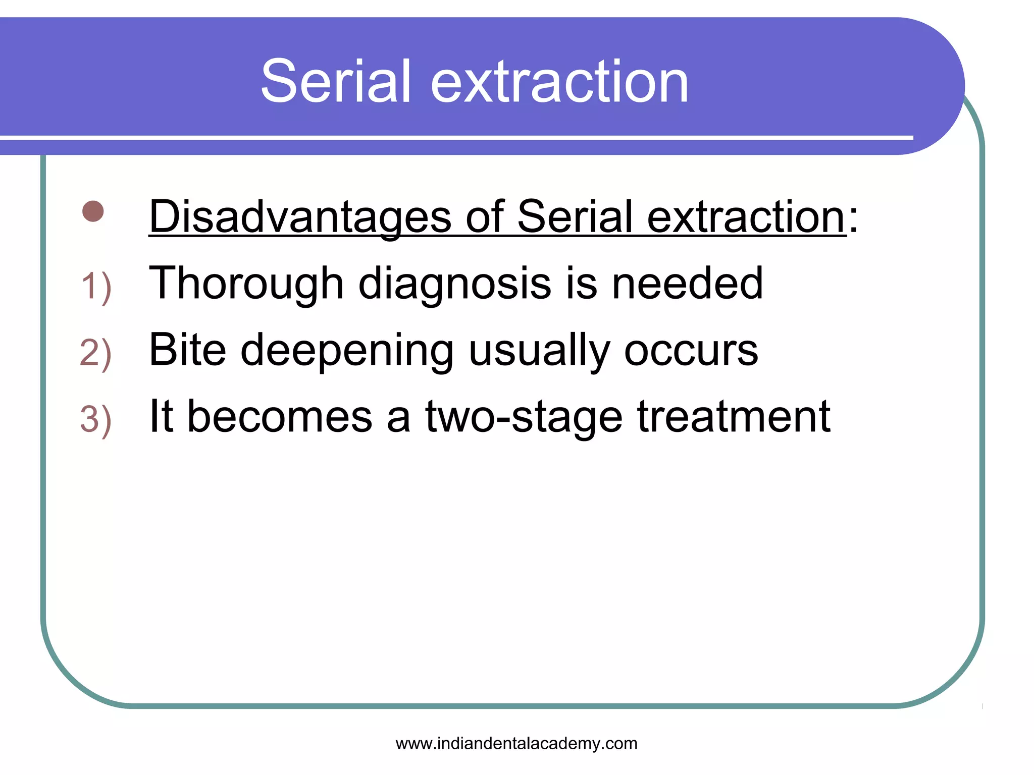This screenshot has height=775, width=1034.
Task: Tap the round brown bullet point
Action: tap(93, 211)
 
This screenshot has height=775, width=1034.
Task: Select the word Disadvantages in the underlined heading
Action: tap(300, 217)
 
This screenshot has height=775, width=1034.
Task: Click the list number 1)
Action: tap(96, 287)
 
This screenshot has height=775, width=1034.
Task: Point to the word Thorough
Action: tap(246, 284)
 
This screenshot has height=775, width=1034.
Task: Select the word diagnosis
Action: tap(454, 284)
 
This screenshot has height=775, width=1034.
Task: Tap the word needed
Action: tap(687, 284)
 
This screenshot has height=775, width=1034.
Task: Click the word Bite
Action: tap(187, 350)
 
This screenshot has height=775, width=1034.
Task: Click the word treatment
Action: tap(734, 417)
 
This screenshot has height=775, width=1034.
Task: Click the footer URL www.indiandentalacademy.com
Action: tap(516, 743)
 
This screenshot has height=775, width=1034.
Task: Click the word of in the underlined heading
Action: tap(484, 217)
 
